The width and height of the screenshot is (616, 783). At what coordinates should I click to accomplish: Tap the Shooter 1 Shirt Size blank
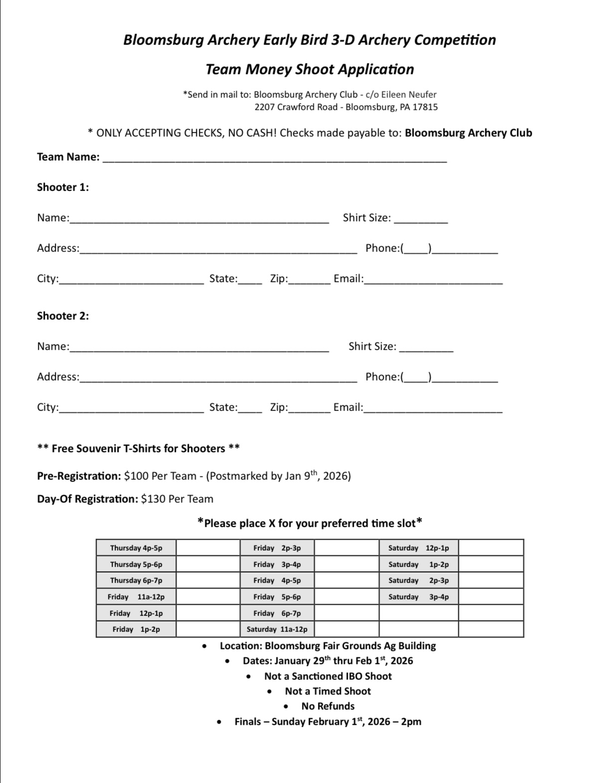tap(421, 220)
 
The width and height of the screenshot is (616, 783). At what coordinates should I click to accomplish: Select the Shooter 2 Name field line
tap(199, 349)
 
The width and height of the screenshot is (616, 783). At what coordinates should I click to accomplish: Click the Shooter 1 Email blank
tap(433, 281)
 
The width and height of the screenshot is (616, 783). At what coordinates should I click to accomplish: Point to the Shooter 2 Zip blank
tap(309, 409)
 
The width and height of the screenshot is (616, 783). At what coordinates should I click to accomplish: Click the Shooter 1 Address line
tap(218, 250)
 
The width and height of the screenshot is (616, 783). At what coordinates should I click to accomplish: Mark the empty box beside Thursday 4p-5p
tap(208, 548)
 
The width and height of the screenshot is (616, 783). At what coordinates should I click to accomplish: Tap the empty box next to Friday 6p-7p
tap(346, 613)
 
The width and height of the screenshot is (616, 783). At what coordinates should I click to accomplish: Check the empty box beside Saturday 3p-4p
tap(490, 596)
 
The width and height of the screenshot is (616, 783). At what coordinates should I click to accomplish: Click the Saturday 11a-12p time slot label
tap(277, 629)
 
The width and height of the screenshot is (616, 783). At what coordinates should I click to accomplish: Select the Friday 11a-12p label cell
tap(136, 596)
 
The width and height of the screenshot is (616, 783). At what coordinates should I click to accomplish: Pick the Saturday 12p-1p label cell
tap(419, 548)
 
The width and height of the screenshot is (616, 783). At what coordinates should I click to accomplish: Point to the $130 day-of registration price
tap(153, 499)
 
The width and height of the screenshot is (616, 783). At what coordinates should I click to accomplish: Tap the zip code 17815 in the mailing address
tap(425, 107)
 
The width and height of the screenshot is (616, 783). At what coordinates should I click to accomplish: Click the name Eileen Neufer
tap(409, 94)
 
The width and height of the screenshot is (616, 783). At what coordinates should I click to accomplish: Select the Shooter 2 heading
tap(63, 316)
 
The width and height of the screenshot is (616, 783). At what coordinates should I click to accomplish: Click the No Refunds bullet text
tap(328, 706)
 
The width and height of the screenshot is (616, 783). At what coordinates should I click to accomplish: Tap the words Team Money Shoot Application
tap(309, 69)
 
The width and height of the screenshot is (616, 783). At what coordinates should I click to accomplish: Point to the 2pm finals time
tap(411, 722)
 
